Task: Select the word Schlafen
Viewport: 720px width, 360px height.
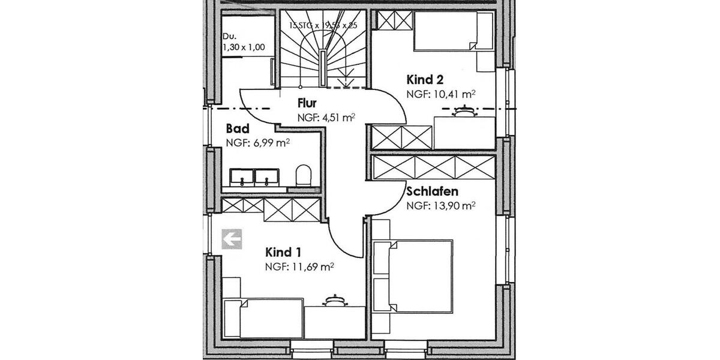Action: click(433, 192)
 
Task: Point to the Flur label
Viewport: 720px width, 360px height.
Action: click(307, 104)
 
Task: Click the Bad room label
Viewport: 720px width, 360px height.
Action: click(237, 129)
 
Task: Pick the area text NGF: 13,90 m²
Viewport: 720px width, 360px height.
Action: click(441, 206)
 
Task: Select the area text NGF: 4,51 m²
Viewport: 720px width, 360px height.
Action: click(326, 118)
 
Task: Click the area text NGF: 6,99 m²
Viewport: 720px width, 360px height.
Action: click(258, 143)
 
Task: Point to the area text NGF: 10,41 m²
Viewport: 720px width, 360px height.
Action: click(441, 94)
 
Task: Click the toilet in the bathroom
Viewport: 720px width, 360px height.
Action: click(304, 176)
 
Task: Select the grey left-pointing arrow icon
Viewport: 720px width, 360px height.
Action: click(232, 239)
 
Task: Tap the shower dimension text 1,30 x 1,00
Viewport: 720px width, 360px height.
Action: click(243, 47)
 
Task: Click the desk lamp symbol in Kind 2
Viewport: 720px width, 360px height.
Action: click(463, 111)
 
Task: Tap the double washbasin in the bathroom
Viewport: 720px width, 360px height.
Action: click(255, 176)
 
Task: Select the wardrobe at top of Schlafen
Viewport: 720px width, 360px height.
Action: click(433, 167)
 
